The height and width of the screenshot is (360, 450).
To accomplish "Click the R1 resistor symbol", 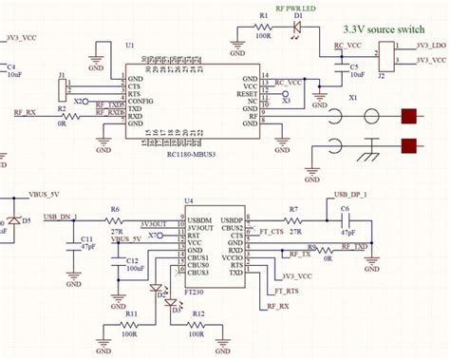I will pos(263,29).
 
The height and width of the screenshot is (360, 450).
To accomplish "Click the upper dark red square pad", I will pos(410,118).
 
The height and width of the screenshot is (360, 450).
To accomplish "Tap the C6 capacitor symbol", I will pos(346,218).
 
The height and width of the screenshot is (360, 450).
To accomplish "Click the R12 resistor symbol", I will pos(197,326).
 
